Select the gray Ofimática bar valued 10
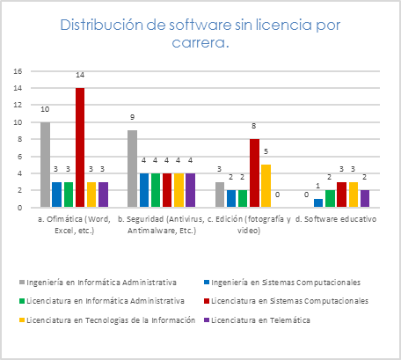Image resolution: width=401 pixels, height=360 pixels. pos(45,165)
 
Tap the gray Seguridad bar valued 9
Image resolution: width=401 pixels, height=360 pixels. pos(132,169)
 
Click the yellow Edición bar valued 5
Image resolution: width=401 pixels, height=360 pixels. pos(266,186)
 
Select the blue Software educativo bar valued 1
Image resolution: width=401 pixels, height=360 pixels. pos(318,203)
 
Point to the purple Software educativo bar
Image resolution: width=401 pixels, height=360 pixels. pos(364,199)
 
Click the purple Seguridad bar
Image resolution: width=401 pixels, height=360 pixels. pos(190,190)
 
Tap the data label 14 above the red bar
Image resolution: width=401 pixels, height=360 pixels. pos(80,77)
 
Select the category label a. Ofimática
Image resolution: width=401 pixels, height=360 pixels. pos(75,221)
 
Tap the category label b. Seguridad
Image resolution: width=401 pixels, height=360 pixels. pos(162,221)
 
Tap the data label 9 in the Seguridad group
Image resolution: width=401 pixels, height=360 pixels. pos(132,117)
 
